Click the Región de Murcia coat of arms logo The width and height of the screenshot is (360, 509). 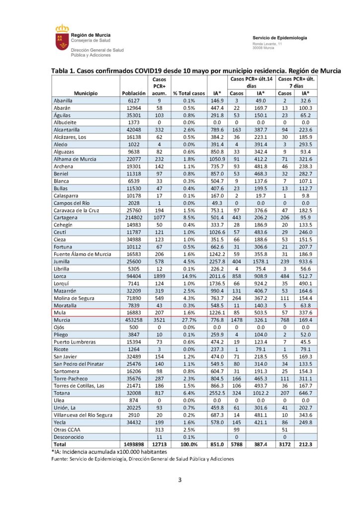point(62,38)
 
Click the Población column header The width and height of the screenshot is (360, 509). point(133,93)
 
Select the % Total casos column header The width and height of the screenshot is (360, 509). point(188,93)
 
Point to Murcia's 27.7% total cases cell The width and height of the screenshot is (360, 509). point(188,321)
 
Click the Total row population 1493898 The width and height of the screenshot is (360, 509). point(133,444)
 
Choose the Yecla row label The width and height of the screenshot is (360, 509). point(62,421)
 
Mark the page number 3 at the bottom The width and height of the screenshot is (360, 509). point(180,480)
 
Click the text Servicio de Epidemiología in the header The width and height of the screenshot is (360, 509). point(279,38)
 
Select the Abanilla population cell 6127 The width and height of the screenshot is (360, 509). point(133,100)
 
